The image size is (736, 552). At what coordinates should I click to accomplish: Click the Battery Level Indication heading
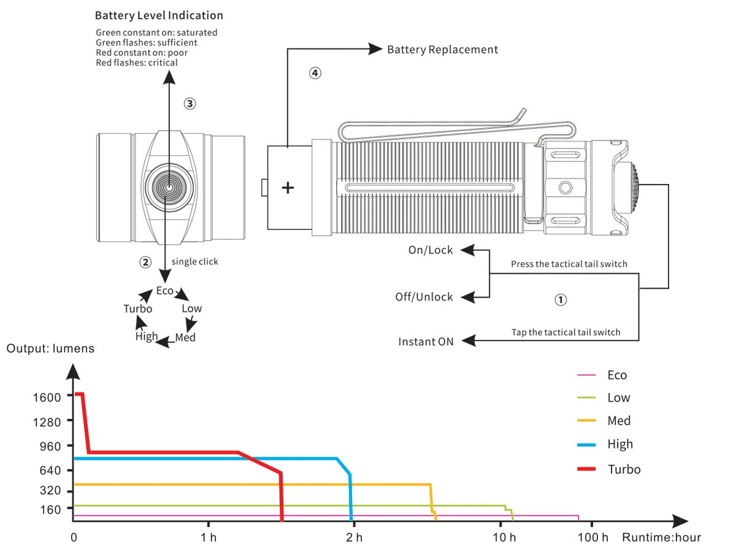click(159, 15)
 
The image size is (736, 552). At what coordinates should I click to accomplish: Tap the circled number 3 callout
click(190, 104)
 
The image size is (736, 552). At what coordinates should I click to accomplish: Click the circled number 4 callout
click(315, 73)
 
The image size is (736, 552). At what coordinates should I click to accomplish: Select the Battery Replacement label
click(442, 49)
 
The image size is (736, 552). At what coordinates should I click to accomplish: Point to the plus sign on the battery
click(288, 188)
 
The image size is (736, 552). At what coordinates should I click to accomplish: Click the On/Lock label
click(431, 250)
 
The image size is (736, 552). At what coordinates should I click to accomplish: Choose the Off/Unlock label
click(424, 297)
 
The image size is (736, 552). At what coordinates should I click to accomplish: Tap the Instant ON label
click(426, 342)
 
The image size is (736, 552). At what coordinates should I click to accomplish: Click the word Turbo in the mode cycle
click(137, 309)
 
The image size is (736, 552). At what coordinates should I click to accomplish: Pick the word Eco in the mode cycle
click(164, 291)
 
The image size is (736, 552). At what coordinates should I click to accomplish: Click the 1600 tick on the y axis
click(47, 397)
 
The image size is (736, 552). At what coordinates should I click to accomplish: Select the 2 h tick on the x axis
click(354, 538)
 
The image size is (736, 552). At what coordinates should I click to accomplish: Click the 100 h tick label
click(592, 538)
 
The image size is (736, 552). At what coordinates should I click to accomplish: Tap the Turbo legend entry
click(624, 469)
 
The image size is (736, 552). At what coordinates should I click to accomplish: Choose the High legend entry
click(620, 444)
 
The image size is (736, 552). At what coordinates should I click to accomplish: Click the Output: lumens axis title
click(50, 348)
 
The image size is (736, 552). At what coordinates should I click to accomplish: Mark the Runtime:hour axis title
click(661, 537)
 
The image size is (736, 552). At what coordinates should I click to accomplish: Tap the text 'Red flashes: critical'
click(137, 63)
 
